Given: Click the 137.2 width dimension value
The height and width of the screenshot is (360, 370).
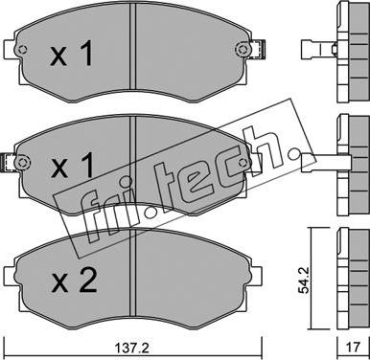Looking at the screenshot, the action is pyautogui.click(x=132, y=347).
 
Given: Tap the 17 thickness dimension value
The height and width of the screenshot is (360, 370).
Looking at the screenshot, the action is pyautogui.click(x=353, y=347).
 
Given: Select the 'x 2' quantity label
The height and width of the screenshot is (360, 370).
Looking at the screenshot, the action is pyautogui.click(x=74, y=281).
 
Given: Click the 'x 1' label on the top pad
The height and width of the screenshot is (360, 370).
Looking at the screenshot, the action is pyautogui.click(x=72, y=54).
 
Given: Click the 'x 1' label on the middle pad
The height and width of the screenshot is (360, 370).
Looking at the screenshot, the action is pyautogui.click(x=72, y=165).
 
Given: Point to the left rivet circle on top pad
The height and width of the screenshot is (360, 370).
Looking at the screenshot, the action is pyautogui.click(x=22, y=50).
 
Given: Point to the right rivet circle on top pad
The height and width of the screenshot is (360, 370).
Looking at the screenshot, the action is pyautogui.click(x=242, y=50).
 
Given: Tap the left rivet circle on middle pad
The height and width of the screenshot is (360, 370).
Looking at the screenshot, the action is pyautogui.click(x=22, y=161).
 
